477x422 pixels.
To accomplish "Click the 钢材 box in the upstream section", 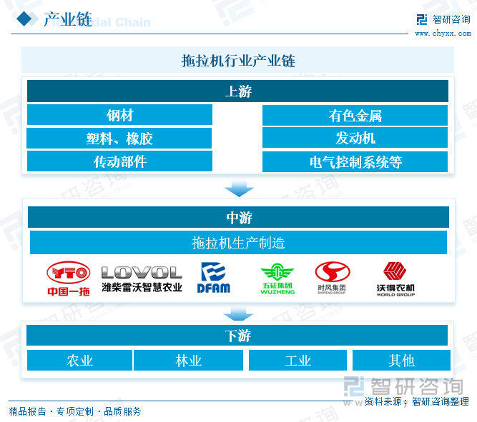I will click(x=119, y=115).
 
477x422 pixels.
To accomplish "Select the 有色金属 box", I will click(x=355, y=115).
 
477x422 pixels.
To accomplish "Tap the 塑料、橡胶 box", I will click(x=119, y=139).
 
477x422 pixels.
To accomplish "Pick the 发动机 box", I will click(x=355, y=139).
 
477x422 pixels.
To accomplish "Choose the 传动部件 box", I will click(x=119, y=161).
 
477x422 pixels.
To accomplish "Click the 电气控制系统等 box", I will click(x=355, y=161).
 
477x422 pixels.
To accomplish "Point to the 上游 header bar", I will click(x=237, y=91).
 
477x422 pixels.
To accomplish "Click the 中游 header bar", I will click(x=237, y=217).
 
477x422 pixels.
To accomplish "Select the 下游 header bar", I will click(x=237, y=336).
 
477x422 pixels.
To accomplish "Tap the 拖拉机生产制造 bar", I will click(x=237, y=243).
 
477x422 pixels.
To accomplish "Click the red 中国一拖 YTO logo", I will click(x=69, y=278).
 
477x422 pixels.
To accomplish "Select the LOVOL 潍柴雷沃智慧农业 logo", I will click(x=142, y=278).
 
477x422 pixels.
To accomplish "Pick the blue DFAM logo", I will click(x=213, y=278).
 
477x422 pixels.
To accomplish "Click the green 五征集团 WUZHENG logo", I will click(x=277, y=278).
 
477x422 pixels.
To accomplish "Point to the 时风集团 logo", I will click(x=333, y=278).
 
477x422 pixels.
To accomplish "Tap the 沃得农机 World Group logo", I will click(x=395, y=278).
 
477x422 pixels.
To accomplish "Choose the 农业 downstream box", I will click(x=79, y=361).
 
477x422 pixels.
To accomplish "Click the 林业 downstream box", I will click(x=188, y=361).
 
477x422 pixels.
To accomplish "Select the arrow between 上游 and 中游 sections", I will click(x=237, y=189).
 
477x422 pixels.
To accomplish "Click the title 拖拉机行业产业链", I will click(x=237, y=61).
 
